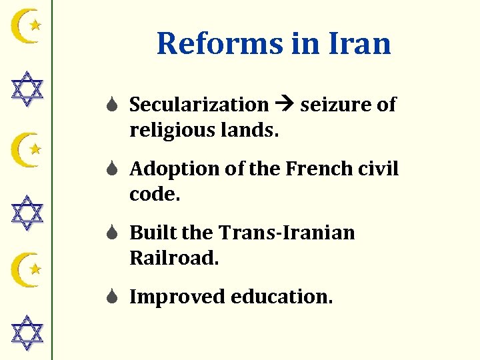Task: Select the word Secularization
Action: click(x=199, y=105)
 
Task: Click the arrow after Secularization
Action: click(x=284, y=105)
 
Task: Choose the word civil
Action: click(x=381, y=169)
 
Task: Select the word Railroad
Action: click(x=174, y=258)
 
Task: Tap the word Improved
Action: click(x=177, y=297)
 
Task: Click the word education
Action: click(x=281, y=297)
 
